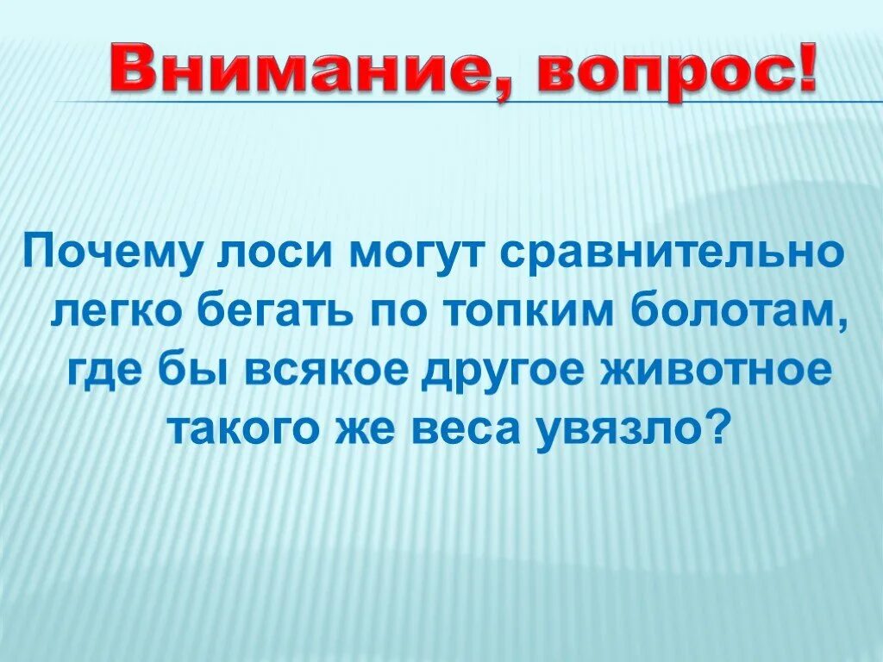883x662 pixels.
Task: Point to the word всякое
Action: [334, 372]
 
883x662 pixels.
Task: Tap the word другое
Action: [514, 372]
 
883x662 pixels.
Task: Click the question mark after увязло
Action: [723, 424]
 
